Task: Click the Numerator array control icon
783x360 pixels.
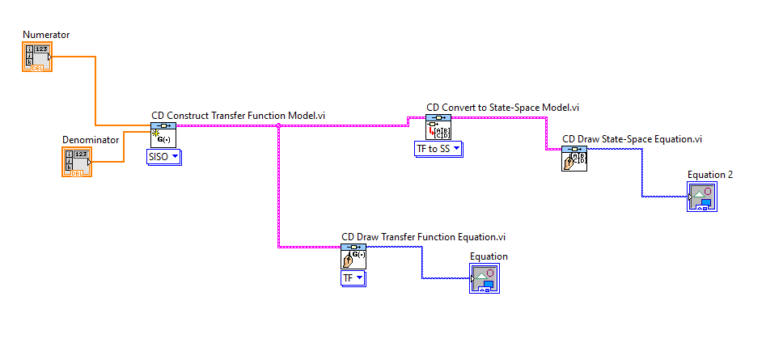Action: pyautogui.click(x=37, y=57)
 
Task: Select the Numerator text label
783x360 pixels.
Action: pyautogui.click(x=46, y=35)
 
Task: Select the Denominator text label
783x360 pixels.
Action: pyautogui.click(x=91, y=139)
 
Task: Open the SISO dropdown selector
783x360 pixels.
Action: pyautogui.click(x=164, y=156)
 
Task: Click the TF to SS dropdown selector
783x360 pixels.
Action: pyautogui.click(x=444, y=148)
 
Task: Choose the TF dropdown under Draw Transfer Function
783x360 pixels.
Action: pyautogui.click(x=353, y=277)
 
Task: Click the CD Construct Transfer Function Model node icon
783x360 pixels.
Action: pyautogui.click(x=164, y=135)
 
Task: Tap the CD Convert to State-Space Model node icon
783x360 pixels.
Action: pyautogui.click(x=438, y=127)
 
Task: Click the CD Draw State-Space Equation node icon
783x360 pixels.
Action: pyautogui.click(x=574, y=159)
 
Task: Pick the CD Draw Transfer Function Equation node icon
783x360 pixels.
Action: pyautogui.click(x=353, y=256)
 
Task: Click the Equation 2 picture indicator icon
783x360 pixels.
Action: pyautogui.click(x=701, y=197)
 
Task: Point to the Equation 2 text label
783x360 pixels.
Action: pyautogui.click(x=709, y=174)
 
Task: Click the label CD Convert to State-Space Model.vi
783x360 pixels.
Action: pyautogui.click(x=502, y=107)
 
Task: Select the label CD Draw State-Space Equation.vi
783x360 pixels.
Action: pyautogui.click(x=632, y=138)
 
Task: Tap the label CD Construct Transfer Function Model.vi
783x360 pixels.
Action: pyautogui.click(x=239, y=116)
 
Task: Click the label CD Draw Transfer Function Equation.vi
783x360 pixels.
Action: pyautogui.click(x=423, y=236)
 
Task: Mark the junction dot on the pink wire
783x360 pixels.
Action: pyautogui.click(x=279, y=126)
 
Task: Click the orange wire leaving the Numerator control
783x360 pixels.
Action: pyautogui.click(x=96, y=89)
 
